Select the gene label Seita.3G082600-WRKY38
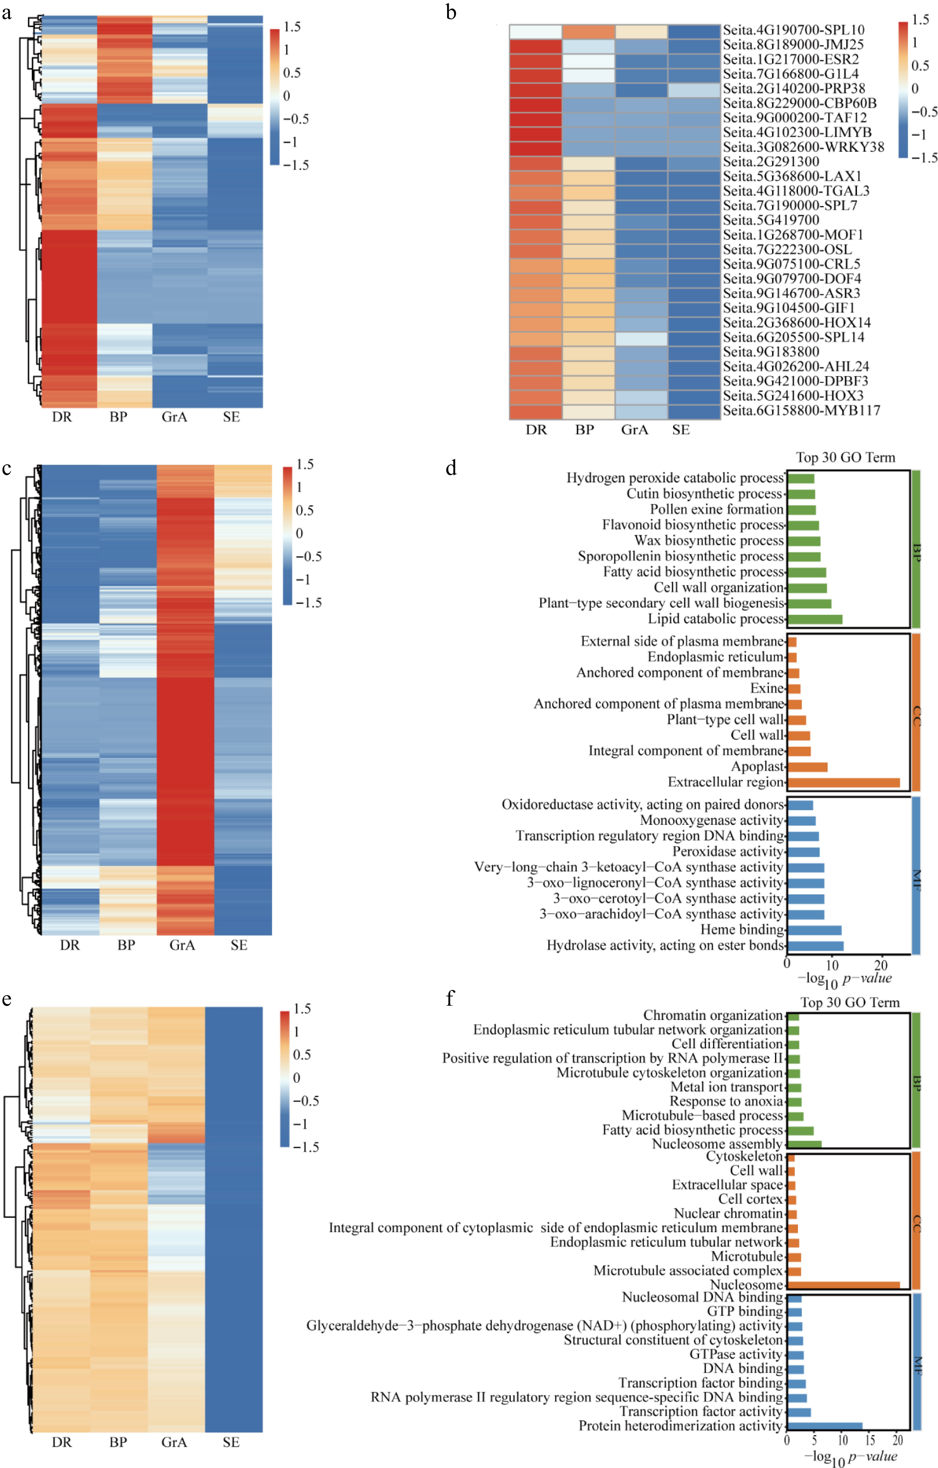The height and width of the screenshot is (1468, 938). pyautogui.click(x=803, y=147)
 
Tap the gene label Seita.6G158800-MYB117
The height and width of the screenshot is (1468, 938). pyautogui.click(x=801, y=410)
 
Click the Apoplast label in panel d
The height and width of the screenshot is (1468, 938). pyautogui.click(x=758, y=766)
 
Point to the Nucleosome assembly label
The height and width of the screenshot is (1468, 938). pyautogui.click(x=717, y=1144)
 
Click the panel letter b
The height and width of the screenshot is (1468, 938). pyautogui.click(x=451, y=12)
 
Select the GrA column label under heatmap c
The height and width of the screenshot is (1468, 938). pyautogui.click(x=182, y=945)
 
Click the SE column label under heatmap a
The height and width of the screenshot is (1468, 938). pyautogui.click(x=231, y=417)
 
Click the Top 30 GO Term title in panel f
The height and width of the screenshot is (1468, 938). pyautogui.click(x=850, y=1002)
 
